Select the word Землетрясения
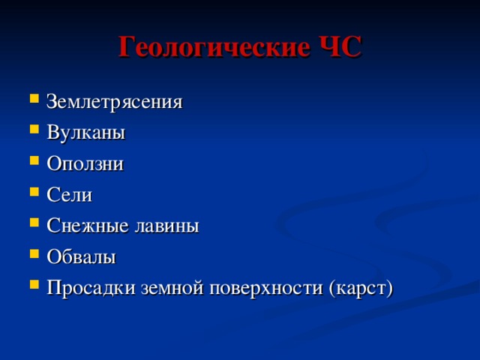point(113,101)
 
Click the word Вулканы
point(85,133)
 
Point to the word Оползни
point(85,163)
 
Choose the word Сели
point(69,195)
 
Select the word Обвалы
point(81,256)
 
